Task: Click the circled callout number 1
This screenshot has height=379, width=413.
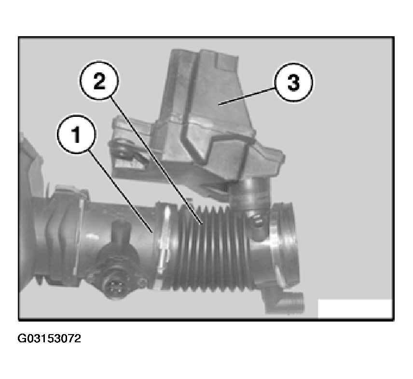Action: click(x=77, y=134)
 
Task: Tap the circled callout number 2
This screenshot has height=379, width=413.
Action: click(x=99, y=80)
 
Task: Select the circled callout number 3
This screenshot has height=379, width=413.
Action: click(x=293, y=82)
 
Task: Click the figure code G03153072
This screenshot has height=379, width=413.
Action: click(x=49, y=338)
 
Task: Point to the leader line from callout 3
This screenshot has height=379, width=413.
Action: click(x=247, y=97)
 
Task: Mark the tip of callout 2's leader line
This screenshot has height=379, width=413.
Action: click(x=202, y=224)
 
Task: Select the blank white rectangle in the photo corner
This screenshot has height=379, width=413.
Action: click(x=355, y=309)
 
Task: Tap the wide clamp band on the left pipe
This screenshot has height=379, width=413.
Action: click(x=65, y=239)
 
